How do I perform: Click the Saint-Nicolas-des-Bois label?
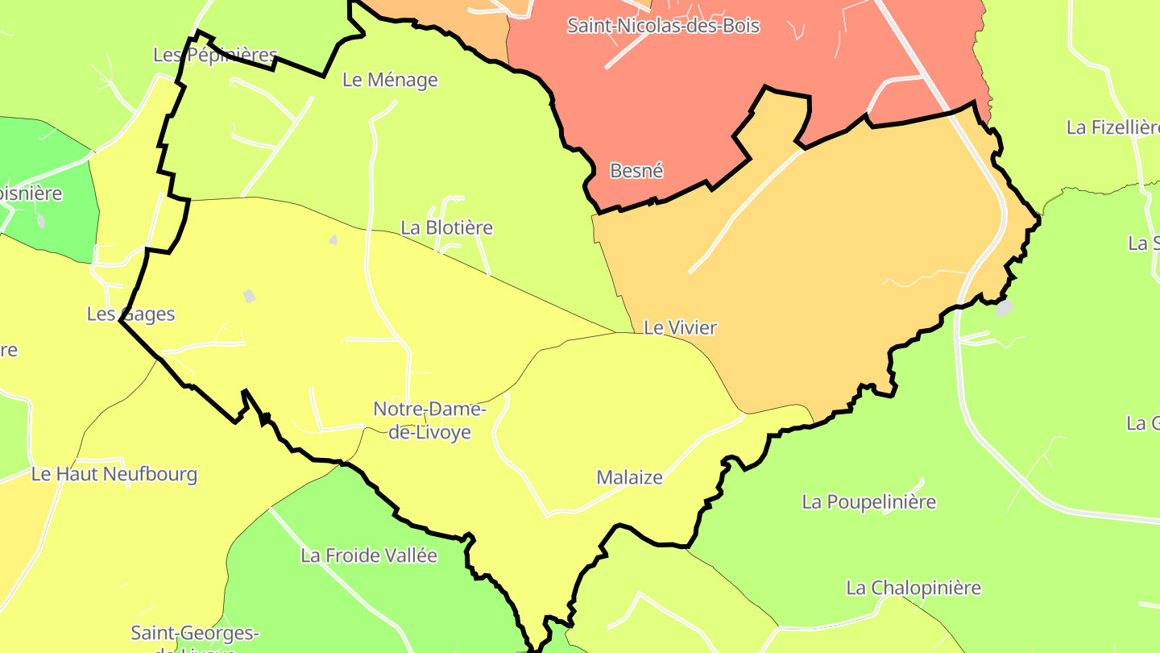click(x=663, y=25)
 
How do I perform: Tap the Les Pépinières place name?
click(x=215, y=55)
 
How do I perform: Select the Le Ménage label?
click(x=390, y=80)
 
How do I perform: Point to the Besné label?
click(x=636, y=171)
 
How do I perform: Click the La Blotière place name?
click(x=446, y=228)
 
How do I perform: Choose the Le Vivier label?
click(x=680, y=327)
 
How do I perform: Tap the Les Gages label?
click(x=130, y=314)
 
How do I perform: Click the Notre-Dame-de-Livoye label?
click(x=430, y=420)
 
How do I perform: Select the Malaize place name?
click(x=629, y=477)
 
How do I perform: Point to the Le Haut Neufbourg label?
click(x=114, y=474)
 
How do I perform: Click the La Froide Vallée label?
click(x=369, y=555)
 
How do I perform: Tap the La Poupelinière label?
click(x=868, y=502)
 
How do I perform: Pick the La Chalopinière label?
click(x=913, y=588)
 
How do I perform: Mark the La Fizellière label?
click(x=1112, y=127)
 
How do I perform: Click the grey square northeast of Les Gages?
click(x=249, y=296)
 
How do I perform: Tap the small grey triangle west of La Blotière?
click(x=333, y=239)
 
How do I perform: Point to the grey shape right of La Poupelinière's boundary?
click(x=1003, y=307)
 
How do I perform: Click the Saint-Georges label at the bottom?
click(x=195, y=634)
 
